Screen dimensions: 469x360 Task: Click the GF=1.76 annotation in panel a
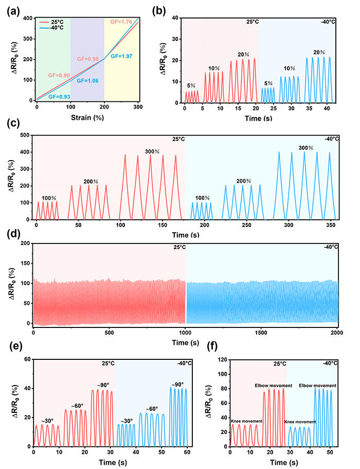tap(122, 22)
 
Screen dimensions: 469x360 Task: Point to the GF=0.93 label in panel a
tap(59, 96)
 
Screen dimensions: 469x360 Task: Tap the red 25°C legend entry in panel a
tap(56, 22)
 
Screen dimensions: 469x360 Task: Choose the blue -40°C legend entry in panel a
tap(57, 28)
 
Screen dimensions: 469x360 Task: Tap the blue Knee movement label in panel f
tap(301, 422)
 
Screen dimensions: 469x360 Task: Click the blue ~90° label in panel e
tap(178, 385)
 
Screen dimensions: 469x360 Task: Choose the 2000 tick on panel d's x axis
tap(337, 333)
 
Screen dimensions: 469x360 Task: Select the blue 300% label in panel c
tap(307, 148)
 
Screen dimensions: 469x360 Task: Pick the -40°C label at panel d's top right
tap(331, 247)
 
